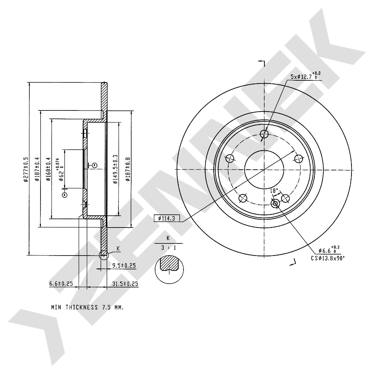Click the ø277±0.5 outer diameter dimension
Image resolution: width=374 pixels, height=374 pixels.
tap(26, 169)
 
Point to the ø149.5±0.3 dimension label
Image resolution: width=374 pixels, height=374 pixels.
tap(115, 169)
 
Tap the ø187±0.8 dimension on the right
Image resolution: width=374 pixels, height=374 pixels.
tap(128, 169)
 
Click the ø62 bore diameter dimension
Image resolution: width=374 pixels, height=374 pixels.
tap(61, 170)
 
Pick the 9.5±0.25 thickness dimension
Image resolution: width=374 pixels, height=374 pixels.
tap(124, 266)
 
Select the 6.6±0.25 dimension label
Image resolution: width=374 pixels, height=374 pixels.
tap(61, 284)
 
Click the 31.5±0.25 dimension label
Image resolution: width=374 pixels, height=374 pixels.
tap(125, 284)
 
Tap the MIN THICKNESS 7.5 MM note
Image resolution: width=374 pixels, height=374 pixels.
tap(88, 307)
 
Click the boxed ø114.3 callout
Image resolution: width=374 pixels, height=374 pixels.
tap(167, 218)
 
